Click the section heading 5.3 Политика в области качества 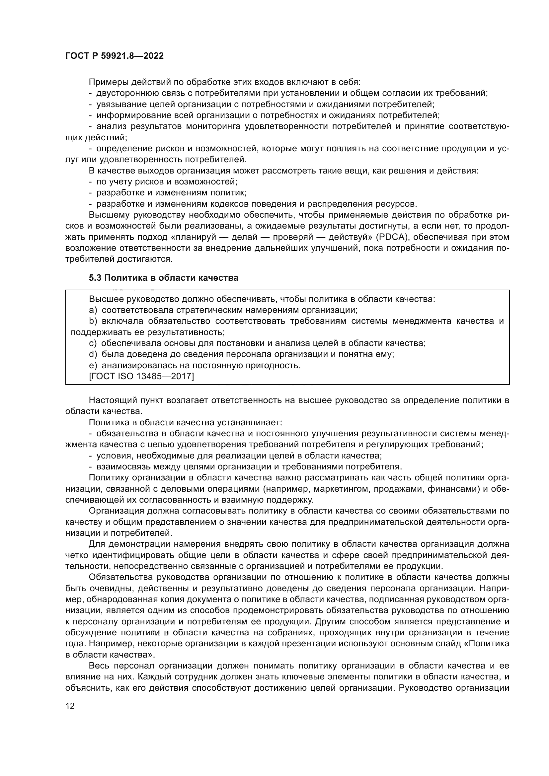point(163,278)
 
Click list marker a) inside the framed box point(93,310)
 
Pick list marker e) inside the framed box point(93,365)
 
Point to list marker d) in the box point(93,354)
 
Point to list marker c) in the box point(93,343)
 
